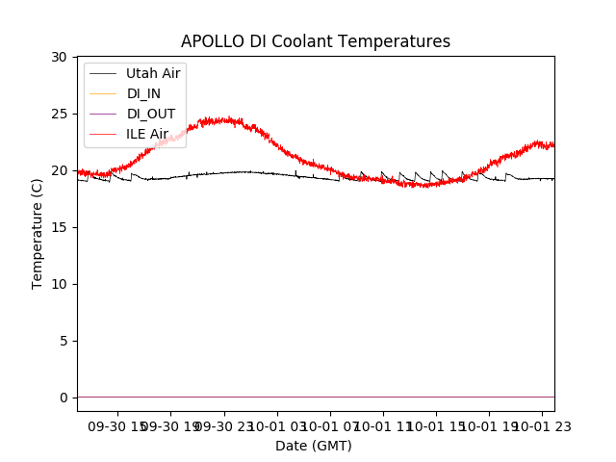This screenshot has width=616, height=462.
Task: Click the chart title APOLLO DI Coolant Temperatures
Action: click(316, 42)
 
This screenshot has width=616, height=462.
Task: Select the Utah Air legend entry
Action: click(153, 73)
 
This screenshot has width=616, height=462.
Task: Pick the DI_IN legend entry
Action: click(143, 93)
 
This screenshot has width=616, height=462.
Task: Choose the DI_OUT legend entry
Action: click(151, 114)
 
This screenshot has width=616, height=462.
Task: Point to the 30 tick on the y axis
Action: click(60, 58)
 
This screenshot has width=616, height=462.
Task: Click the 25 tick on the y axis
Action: click(60, 115)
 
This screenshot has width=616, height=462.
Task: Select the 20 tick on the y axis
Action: click(60, 171)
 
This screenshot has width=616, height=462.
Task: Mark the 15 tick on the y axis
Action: click(60, 228)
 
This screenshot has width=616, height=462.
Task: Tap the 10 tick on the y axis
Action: click(60, 285)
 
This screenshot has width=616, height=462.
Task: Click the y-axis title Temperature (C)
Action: click(38, 234)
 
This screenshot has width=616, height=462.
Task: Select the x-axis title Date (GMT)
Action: click(314, 446)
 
